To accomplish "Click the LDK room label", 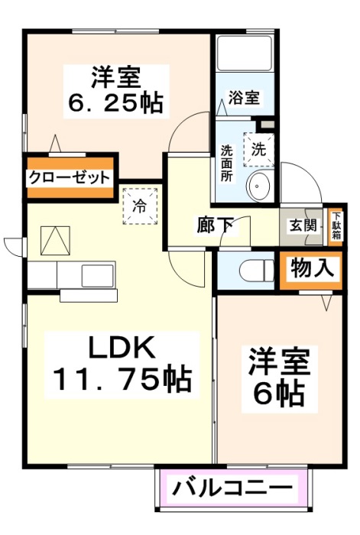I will pyautogui.click(x=122, y=348).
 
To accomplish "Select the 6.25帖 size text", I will pyautogui.click(x=118, y=102).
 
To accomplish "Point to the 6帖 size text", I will pyautogui.click(x=279, y=393).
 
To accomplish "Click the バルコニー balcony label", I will pyautogui.click(x=232, y=486).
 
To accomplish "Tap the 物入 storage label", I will pyautogui.click(x=312, y=269).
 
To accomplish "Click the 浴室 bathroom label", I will pyautogui.click(x=244, y=98).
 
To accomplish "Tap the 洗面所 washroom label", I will pyautogui.click(x=227, y=162).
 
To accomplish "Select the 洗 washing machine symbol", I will pyautogui.click(x=259, y=149).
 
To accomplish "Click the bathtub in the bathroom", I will pyautogui.click(x=244, y=53).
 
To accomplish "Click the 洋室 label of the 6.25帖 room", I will pyautogui.click(x=118, y=77).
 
